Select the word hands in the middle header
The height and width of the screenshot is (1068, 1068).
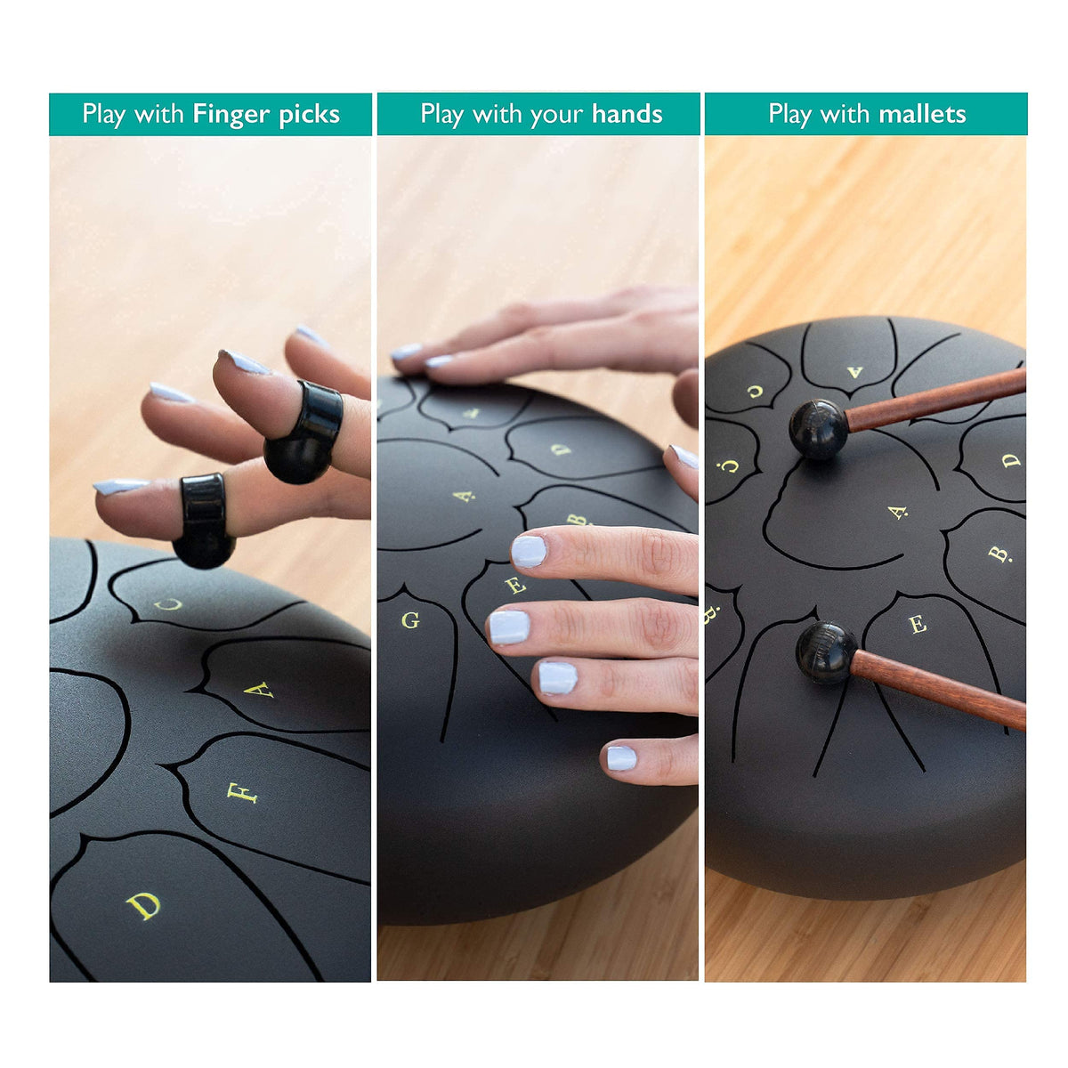627,114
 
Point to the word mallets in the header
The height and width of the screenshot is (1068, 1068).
922,114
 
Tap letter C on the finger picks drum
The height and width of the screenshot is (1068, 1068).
168,604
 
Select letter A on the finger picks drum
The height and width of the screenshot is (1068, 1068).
258,690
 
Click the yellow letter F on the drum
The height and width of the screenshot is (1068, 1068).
242,793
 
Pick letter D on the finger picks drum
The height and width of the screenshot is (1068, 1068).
143,906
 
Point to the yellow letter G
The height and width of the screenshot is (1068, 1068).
410,620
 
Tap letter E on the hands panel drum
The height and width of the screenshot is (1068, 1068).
515,584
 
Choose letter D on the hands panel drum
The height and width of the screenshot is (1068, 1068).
561,449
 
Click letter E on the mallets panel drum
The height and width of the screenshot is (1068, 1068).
918,625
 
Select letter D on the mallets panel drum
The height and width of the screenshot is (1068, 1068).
1011,460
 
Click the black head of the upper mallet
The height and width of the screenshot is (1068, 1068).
819,430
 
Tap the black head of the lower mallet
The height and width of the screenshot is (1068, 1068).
826,652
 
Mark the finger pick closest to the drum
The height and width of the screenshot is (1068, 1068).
203,520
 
